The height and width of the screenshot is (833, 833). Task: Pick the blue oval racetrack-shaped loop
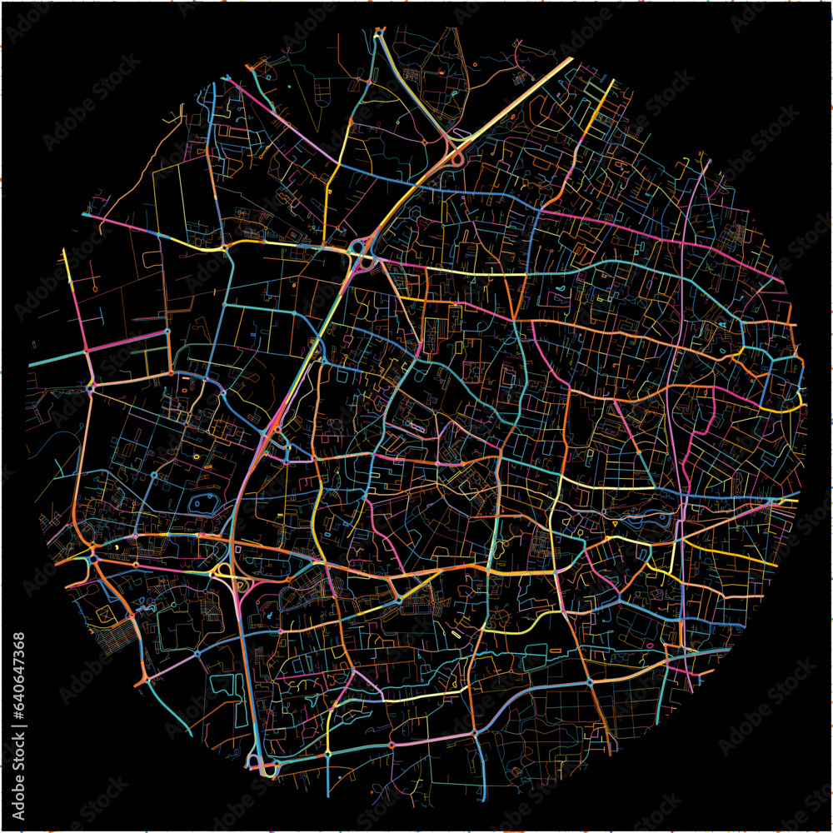tap(203, 503)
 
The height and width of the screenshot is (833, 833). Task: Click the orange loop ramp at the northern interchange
tap(456, 155)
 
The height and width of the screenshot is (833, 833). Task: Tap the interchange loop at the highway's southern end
tap(265, 765)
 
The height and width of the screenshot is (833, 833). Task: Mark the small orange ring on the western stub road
tap(95, 288)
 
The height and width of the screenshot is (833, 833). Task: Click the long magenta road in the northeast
tap(658, 233)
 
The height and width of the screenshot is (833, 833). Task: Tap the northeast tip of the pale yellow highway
tap(571, 60)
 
